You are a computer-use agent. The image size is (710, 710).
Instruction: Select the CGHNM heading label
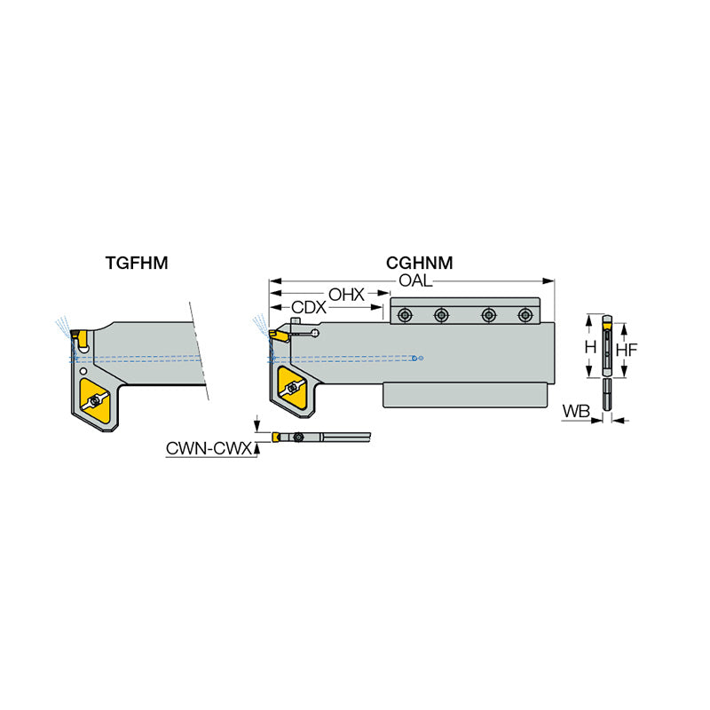[419, 263]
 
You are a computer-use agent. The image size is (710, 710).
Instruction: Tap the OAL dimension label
[415, 280]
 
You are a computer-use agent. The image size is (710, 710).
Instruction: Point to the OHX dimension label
[346, 295]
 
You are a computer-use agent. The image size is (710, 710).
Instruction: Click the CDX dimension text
[310, 308]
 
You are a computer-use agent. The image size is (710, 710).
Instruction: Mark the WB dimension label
[577, 413]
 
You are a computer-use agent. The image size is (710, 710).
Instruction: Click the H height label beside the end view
[589, 349]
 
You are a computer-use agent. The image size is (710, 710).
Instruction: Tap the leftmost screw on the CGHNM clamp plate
[406, 314]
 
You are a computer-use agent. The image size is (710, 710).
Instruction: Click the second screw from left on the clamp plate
[441, 314]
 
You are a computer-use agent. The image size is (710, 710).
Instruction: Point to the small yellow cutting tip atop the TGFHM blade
[78, 336]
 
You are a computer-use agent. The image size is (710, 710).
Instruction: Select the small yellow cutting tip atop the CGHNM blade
[278, 335]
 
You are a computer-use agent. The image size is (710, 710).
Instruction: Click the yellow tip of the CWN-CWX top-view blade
[278, 437]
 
